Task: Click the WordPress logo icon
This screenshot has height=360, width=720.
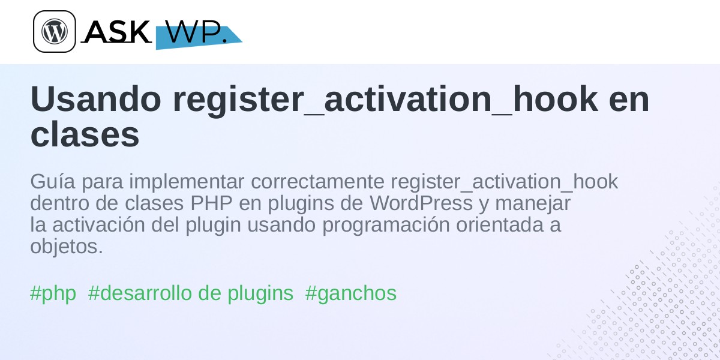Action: (x=55, y=31)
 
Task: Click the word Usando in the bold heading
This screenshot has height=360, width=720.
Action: (x=96, y=99)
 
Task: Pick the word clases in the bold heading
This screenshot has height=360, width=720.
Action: (x=85, y=134)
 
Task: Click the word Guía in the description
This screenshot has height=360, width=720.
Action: (x=53, y=181)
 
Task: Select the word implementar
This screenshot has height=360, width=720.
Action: (x=187, y=182)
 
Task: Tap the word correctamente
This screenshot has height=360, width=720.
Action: (x=317, y=182)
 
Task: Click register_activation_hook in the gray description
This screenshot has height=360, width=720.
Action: (x=505, y=182)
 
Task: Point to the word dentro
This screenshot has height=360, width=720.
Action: (x=59, y=203)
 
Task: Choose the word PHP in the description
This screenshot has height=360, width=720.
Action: (x=211, y=203)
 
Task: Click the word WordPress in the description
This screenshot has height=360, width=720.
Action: (x=421, y=203)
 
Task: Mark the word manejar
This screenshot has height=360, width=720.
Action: (x=533, y=204)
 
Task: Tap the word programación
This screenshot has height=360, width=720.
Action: (x=386, y=226)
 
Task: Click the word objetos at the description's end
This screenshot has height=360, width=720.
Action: (x=67, y=247)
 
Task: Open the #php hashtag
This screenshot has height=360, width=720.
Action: (x=53, y=293)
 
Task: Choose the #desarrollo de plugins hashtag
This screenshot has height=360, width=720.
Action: (x=191, y=293)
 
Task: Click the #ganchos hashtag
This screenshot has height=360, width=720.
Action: (x=351, y=293)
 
